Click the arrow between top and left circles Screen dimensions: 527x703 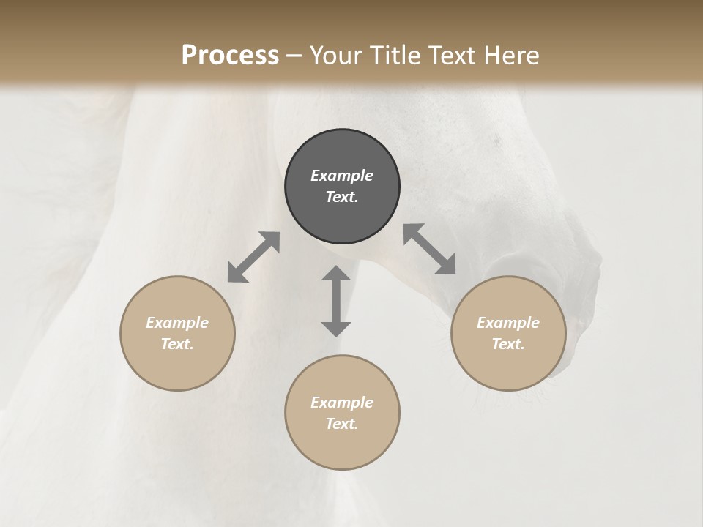253,257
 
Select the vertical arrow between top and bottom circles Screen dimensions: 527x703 336,301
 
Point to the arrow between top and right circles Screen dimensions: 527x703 430,249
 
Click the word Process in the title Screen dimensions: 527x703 230,55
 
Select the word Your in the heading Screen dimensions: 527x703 334,55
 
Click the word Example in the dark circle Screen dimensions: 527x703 342,176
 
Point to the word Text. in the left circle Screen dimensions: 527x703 177,344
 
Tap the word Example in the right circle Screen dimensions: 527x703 508,323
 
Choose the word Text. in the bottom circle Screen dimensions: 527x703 342,424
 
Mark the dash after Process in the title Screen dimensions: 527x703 294,56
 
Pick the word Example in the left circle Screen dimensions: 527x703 177,323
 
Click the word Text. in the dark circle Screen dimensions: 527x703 342,197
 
